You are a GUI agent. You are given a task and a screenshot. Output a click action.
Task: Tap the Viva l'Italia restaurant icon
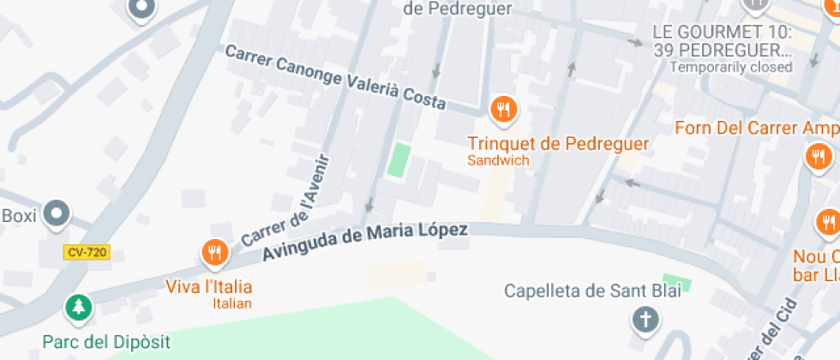pyautogui.click(x=213, y=253)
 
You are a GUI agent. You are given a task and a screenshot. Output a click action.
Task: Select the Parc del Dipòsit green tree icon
pyautogui.click(x=78, y=307)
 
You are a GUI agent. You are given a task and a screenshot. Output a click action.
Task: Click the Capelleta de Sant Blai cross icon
pyautogui.click(x=645, y=321)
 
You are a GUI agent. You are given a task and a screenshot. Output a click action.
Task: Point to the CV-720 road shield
pyautogui.click(x=87, y=253)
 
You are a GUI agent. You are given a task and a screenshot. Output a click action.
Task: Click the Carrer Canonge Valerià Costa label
pyautogui.click(x=335, y=77)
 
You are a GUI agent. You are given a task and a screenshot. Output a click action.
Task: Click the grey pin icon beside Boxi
pyautogui.click(x=57, y=213)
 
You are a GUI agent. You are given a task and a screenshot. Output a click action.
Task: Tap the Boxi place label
pyautogui.click(x=19, y=215)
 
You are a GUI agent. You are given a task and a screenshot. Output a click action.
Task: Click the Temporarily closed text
pyautogui.click(x=730, y=67)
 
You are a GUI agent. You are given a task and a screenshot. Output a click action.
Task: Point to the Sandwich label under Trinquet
pyautogui.click(x=498, y=160)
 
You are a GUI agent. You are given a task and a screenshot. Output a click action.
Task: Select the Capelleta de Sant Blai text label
pyautogui.click(x=592, y=291)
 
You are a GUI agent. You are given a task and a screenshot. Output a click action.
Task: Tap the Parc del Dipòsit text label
pyautogui.click(x=106, y=342)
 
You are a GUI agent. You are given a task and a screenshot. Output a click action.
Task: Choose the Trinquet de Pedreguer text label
pyautogui.click(x=558, y=143)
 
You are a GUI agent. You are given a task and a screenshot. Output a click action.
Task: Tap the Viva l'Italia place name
pyautogui.click(x=208, y=285)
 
